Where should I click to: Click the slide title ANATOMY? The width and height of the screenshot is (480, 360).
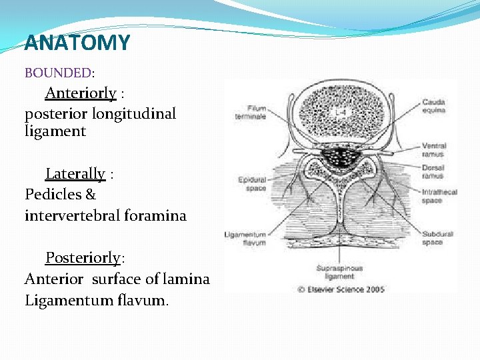pos(77,43)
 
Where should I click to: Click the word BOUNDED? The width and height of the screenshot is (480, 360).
pos(58,72)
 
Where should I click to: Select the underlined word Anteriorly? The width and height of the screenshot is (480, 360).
pos(81,93)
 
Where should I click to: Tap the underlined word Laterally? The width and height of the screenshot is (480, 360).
pos(75,174)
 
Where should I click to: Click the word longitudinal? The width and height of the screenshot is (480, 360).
pos(134,113)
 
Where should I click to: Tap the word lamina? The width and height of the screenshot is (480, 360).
pos(188,278)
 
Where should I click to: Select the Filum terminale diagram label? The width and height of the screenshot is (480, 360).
pos(251,112)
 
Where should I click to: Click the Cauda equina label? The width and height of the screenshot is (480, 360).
pos(434,106)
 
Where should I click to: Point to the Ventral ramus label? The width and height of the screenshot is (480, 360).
pos(434,149)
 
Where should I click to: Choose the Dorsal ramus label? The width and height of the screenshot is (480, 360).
pos(433,172)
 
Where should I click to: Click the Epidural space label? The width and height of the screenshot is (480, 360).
pos(253,184)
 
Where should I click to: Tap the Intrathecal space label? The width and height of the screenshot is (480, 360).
pos(439,196)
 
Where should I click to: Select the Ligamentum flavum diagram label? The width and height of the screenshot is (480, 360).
pos(246,239)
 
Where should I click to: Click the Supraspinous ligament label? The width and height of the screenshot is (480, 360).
pos(340,272)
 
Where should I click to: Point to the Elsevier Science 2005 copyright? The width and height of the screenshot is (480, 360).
pos(341,289)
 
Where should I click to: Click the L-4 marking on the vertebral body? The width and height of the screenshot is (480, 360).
pos(339,113)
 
